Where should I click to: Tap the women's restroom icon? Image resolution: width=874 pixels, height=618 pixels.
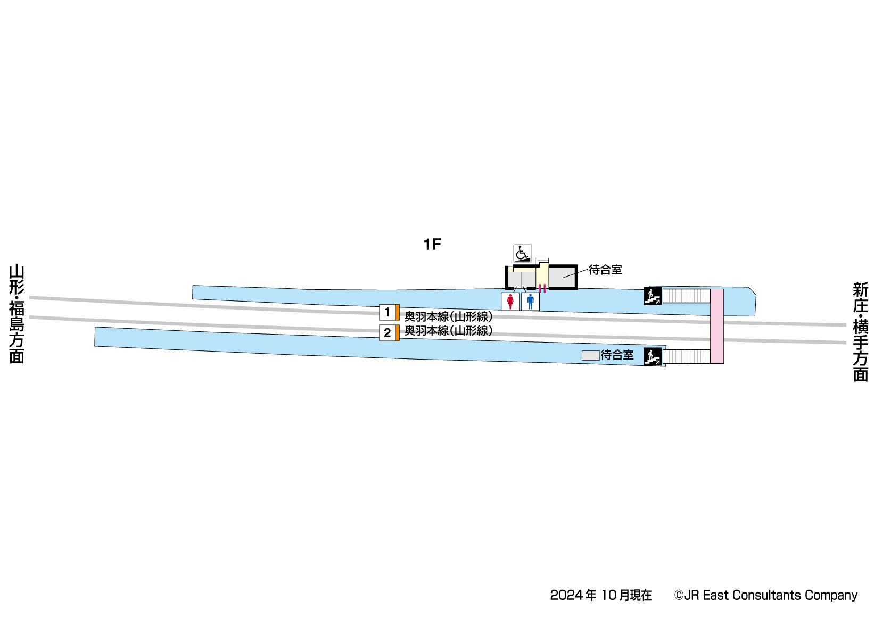[510, 302]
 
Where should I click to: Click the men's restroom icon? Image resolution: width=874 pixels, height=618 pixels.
[530, 302]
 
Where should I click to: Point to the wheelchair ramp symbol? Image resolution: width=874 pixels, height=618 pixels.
[522, 254]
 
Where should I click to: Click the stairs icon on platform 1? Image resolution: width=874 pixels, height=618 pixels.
[653, 296]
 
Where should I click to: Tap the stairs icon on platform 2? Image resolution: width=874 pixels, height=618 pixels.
[653, 356]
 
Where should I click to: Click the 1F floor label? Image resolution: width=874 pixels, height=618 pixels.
[432, 245]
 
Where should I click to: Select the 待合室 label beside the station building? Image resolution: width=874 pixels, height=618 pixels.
[605, 270]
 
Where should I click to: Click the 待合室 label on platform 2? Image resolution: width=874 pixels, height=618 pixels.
[617, 355]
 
